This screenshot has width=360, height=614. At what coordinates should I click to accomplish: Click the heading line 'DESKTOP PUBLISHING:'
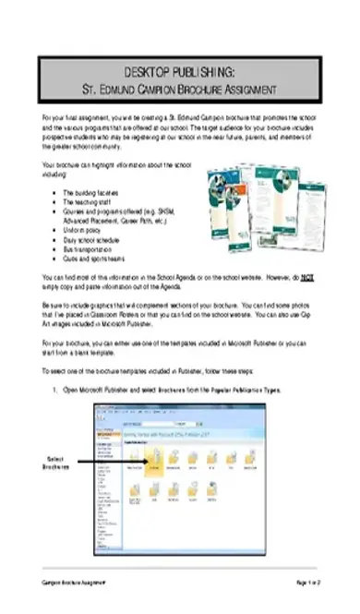point(180,72)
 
